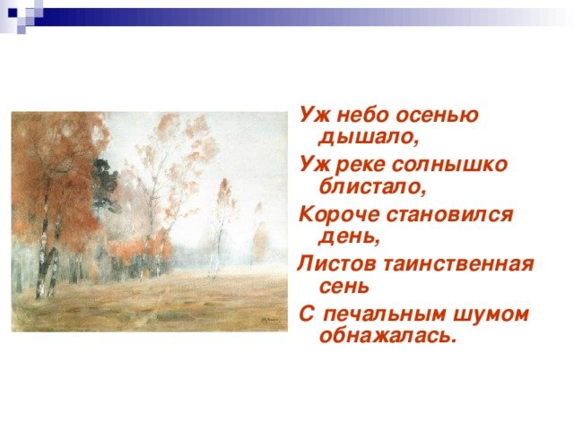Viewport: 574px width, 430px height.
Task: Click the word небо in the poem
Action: pyautogui.click(x=362, y=115)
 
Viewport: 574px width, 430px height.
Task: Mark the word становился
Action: pyautogui.click(x=449, y=214)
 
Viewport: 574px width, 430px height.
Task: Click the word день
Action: pyautogui.click(x=349, y=237)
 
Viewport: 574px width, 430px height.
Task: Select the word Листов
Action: pyautogui.click(x=336, y=263)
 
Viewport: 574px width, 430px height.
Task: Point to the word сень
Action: pyautogui.click(x=344, y=286)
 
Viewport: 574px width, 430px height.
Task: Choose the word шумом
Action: pyautogui.click(x=491, y=314)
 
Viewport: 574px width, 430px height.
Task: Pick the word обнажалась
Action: pyautogui.click(x=388, y=334)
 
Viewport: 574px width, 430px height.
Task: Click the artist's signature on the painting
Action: pyautogui.click(x=270, y=320)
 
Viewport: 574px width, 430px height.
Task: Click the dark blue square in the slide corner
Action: pyautogui.click(x=13, y=13)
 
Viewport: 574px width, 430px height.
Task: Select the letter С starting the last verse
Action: pyautogui.click(x=307, y=314)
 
